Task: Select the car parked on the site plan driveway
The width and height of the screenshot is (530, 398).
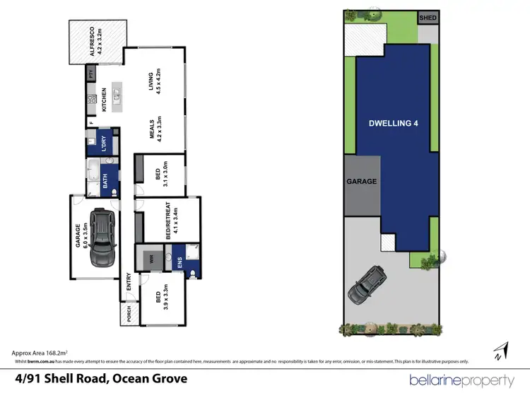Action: [x=366, y=284]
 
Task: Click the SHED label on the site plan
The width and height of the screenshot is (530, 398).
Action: [x=428, y=18]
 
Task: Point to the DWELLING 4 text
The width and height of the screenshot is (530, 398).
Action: [x=394, y=123]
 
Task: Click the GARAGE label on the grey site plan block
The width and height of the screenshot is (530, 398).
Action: [x=361, y=181]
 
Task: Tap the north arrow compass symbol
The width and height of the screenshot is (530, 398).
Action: [x=500, y=351]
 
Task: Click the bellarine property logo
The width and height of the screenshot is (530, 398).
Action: [x=461, y=380]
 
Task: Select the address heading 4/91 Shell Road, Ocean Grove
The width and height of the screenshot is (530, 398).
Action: [x=102, y=379]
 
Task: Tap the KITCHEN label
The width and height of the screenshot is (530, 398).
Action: [x=104, y=100]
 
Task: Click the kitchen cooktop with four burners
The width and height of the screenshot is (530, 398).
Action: [x=91, y=100]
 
